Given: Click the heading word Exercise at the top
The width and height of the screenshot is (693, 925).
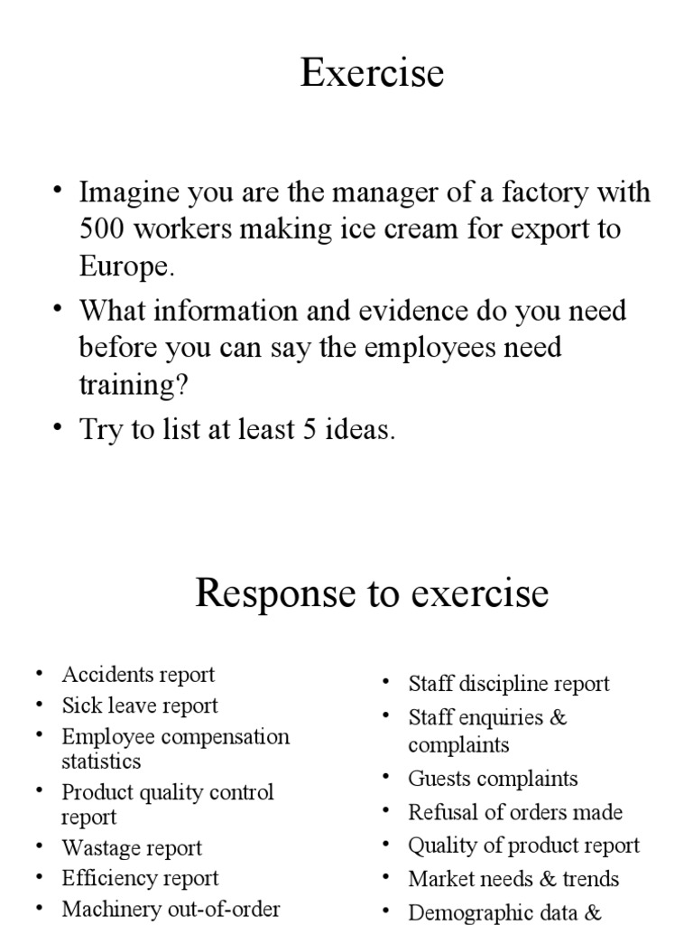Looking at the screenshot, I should click(372, 73).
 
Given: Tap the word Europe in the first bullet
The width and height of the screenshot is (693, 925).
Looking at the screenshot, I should click(123, 267).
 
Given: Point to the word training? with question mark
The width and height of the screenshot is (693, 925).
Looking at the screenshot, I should click(134, 386).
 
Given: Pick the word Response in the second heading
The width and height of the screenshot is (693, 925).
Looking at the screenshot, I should click(273, 593).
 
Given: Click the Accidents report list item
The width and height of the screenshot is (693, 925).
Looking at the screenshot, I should click(138, 675).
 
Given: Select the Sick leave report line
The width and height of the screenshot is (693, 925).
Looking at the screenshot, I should click(140, 705).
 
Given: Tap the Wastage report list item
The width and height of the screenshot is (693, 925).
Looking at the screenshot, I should click(132, 848).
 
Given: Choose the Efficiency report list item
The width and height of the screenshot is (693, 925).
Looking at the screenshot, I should click(140, 878).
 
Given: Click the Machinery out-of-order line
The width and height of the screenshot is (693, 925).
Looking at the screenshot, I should click(171, 909).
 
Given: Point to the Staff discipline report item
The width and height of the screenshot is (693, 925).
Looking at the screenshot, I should click(509, 684).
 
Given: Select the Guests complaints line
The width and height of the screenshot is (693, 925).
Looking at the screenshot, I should click(493, 779).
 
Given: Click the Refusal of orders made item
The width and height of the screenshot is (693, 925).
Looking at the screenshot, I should click(515, 812).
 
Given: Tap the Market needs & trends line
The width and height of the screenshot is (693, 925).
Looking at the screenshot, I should click(513, 878).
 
